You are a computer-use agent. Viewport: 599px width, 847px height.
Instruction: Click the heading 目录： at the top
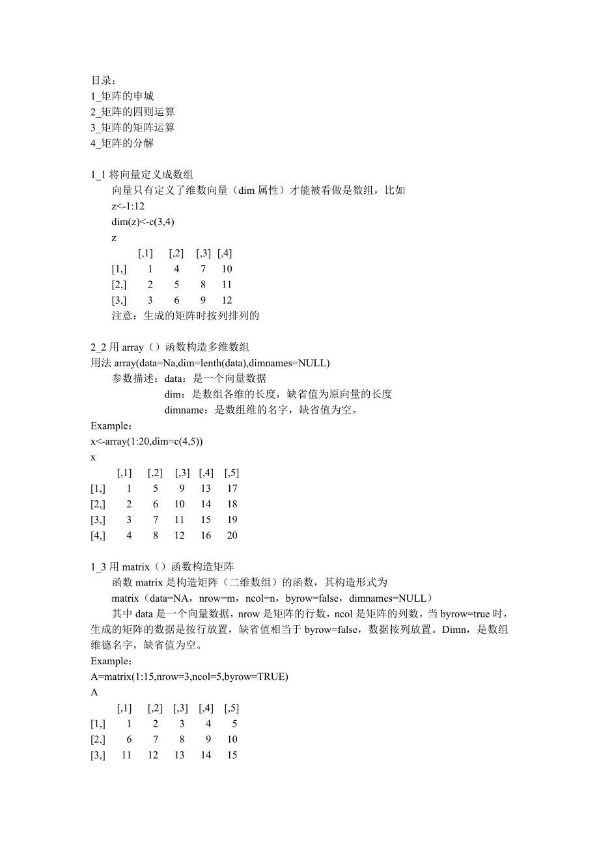tap(104, 81)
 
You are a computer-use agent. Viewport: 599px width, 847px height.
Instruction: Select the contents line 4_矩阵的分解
tap(122, 143)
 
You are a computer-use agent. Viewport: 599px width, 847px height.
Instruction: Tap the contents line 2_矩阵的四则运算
tap(133, 112)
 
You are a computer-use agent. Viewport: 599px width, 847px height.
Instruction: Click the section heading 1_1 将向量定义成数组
tap(142, 174)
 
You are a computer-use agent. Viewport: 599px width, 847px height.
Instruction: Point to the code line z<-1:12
tap(128, 206)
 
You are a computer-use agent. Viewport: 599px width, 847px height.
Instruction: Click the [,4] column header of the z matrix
tap(225, 253)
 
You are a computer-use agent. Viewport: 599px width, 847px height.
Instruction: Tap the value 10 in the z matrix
tap(227, 269)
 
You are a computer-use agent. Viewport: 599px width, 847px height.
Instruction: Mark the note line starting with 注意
tap(186, 316)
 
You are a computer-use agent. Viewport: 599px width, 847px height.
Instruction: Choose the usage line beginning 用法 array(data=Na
tap(210, 363)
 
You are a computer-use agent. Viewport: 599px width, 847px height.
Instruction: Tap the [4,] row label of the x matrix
tap(99, 535)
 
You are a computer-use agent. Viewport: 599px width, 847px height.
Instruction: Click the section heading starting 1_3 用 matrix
tap(167, 567)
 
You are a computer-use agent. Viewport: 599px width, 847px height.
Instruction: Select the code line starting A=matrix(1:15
tap(189, 677)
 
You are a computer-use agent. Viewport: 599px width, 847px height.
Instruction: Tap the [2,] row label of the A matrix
tap(99, 740)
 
